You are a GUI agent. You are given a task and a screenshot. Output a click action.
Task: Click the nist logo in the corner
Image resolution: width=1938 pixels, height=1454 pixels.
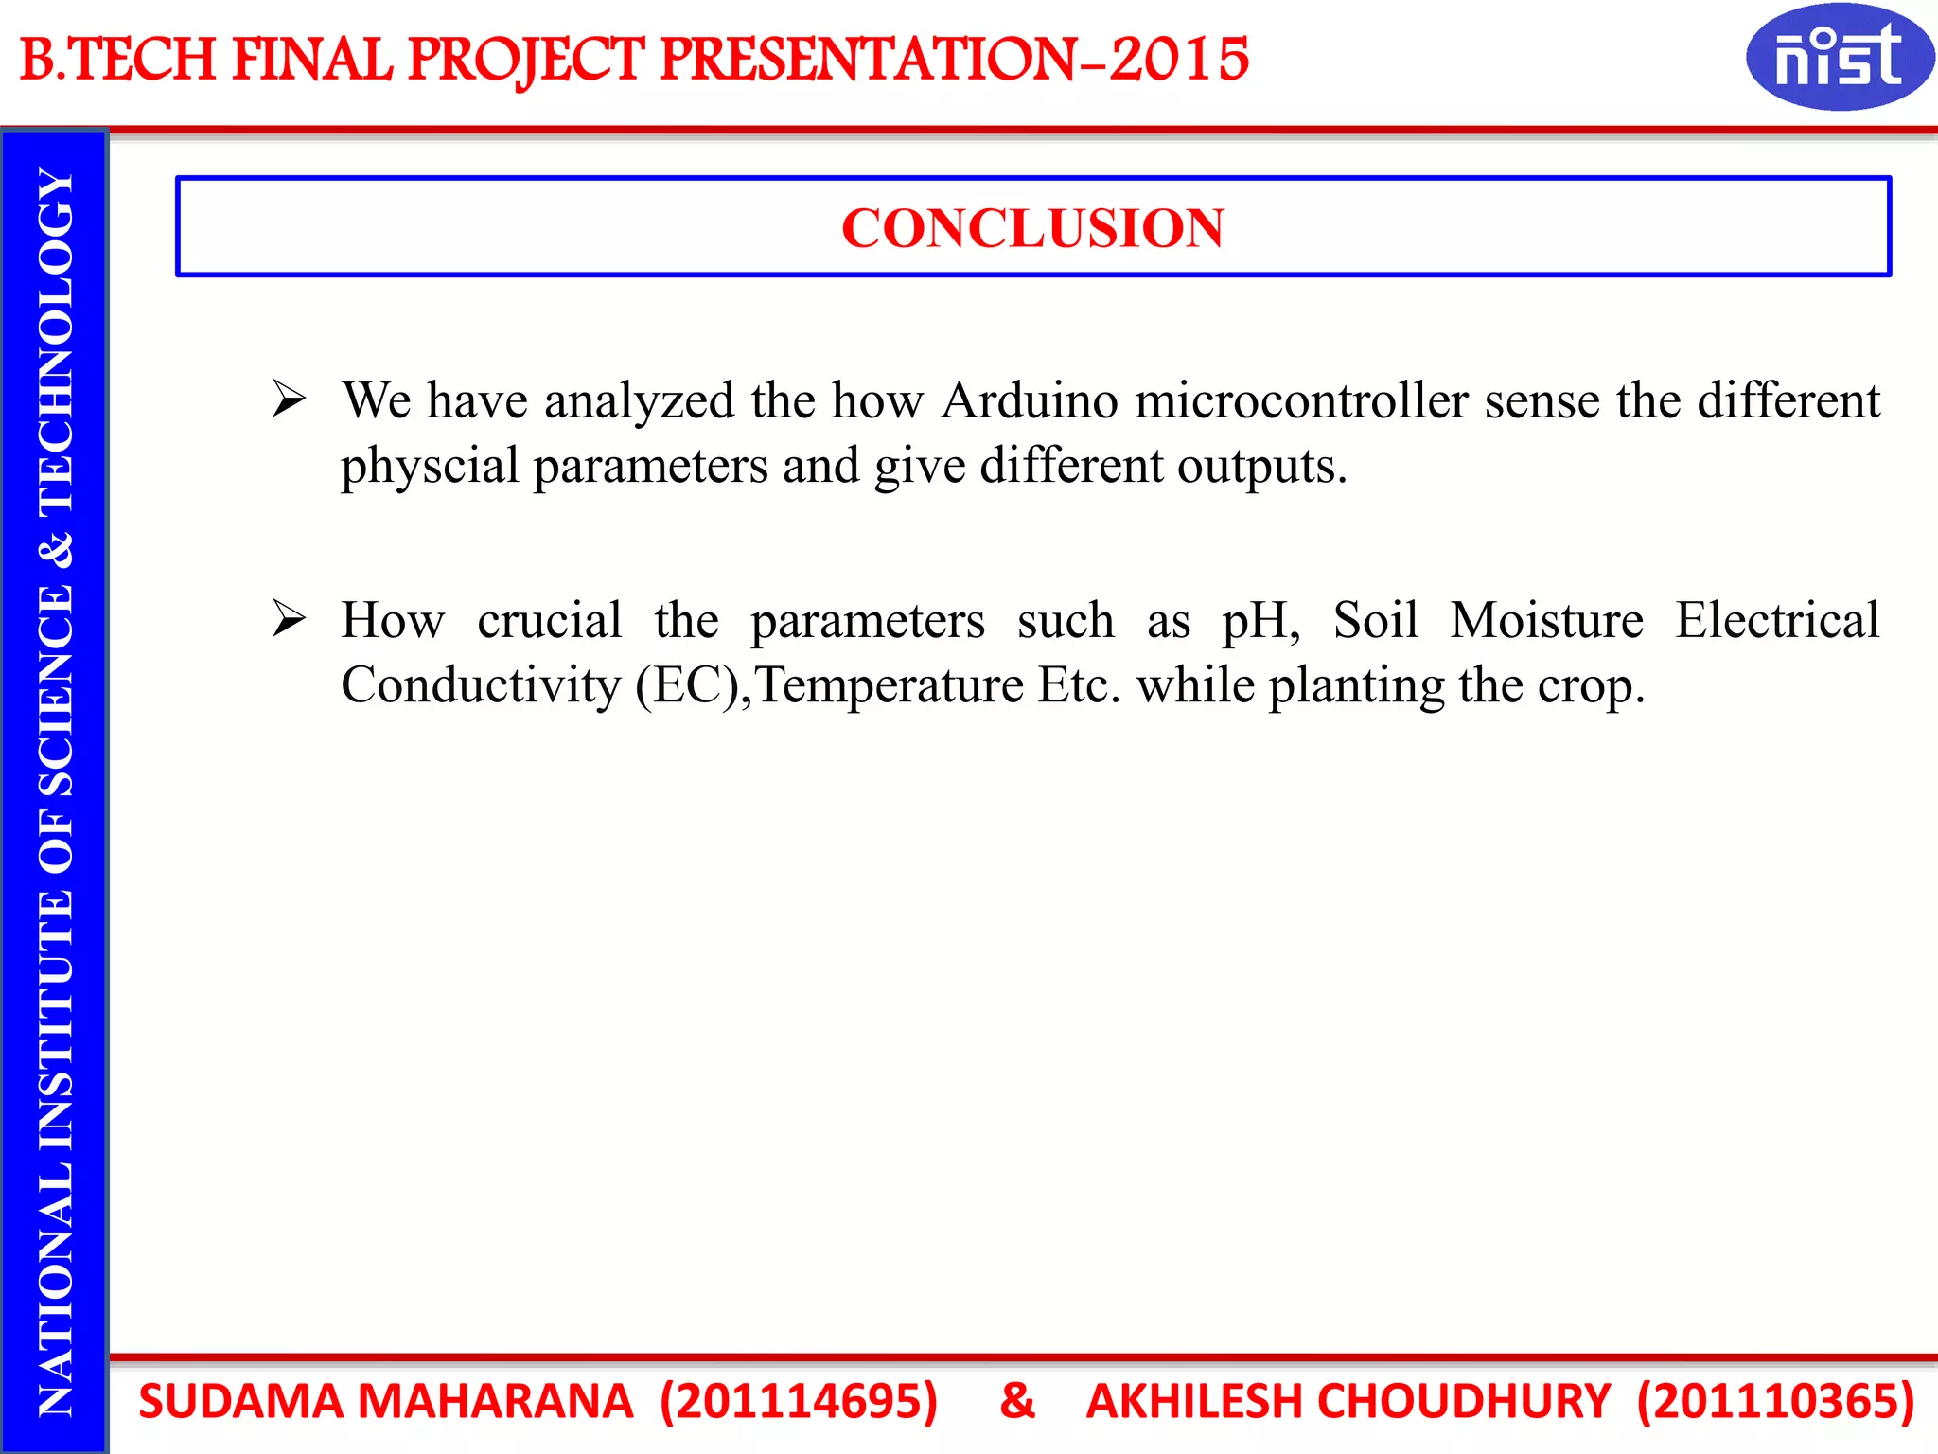click(x=1839, y=57)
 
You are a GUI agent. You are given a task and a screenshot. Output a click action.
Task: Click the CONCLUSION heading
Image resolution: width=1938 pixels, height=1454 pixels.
click(x=1032, y=228)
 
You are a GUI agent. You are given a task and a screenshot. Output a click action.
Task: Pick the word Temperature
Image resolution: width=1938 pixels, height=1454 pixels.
click(x=890, y=685)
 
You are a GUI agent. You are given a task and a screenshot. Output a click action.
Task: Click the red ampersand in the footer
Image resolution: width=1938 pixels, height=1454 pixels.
click(x=1017, y=1401)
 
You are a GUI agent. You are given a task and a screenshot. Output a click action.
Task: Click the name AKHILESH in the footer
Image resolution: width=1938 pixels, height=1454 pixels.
click(x=1193, y=1401)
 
